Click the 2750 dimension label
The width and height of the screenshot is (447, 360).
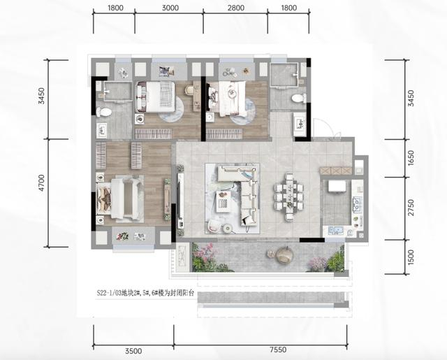point(411,208)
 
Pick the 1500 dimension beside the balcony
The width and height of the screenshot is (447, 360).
point(411,257)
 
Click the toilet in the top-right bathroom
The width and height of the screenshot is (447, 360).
point(299,97)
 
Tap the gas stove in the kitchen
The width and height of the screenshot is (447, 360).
point(356,204)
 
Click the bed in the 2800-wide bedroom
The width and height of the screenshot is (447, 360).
point(229,99)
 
